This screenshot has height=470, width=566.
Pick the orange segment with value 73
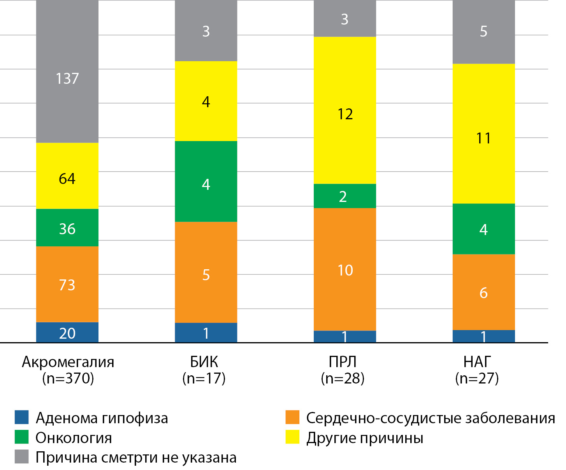pos(67,284)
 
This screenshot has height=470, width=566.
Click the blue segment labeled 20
pos(67,332)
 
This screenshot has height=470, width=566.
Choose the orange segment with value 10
pos(345,269)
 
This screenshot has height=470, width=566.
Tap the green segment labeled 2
pos(345,196)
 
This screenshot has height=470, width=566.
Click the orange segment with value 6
pos(483,292)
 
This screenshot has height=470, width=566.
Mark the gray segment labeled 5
pos(483,32)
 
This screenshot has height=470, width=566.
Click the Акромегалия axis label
pos(68,362)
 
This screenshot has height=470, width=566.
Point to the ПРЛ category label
pos(343,362)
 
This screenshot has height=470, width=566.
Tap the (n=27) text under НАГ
pos(477,378)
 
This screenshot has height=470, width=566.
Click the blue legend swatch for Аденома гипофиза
pos(22,417)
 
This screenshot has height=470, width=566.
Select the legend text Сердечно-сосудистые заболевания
pos(431,418)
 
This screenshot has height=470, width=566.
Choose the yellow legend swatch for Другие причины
pos(292,437)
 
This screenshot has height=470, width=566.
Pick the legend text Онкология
pos(74,438)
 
